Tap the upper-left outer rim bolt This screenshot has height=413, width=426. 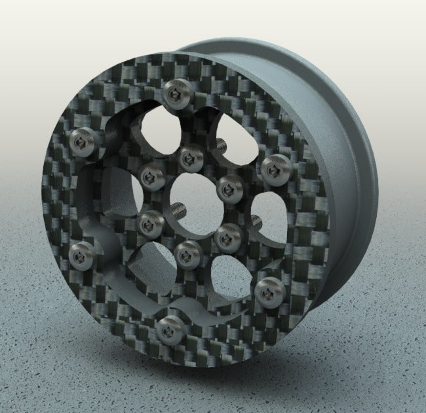[x=83, y=142]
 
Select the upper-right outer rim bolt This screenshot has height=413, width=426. [x=275, y=169]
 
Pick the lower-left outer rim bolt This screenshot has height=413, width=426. [x=82, y=256]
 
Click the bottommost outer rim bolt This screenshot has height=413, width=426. [x=170, y=328]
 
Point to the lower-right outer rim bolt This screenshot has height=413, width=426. [x=268, y=292]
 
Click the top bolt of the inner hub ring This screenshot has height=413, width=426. [x=191, y=157]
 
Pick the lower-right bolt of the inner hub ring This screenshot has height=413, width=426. [x=228, y=237]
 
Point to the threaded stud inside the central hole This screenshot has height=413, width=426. [x=178, y=210]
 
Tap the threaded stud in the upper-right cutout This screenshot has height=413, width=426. [x=221, y=143]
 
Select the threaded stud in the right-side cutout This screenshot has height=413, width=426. [x=256, y=223]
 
